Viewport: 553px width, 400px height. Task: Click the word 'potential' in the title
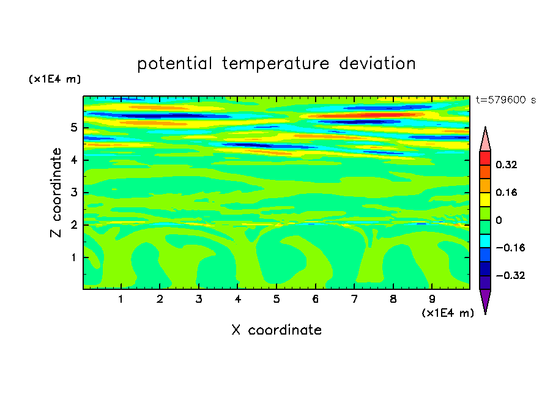pos(174,64)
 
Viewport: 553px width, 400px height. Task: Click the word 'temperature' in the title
pos(275,64)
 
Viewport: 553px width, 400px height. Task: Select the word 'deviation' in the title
pos(377,64)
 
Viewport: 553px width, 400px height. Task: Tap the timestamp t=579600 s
pos(506,100)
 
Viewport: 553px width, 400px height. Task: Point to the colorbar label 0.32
pos(506,165)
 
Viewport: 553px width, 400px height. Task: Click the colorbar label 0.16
pos(506,192)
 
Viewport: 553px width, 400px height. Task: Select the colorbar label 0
pos(499,220)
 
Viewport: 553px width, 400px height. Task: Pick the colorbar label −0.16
pos(510,248)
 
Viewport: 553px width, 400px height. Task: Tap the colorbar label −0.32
pos(510,275)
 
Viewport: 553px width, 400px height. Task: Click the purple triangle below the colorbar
pos(485,299)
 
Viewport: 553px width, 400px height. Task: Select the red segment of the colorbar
pos(485,158)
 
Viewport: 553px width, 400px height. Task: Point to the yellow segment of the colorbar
pos(485,199)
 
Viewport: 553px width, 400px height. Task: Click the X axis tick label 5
pos(276,299)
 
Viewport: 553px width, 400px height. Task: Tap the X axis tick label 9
pos(432,299)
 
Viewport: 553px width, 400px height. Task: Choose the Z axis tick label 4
pos(73,160)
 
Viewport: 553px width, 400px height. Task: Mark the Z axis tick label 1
pos(73,257)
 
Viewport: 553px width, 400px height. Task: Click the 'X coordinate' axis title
pos(276,330)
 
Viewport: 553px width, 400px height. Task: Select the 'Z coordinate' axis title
pos(56,193)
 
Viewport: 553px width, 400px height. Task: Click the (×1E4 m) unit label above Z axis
pos(54,79)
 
